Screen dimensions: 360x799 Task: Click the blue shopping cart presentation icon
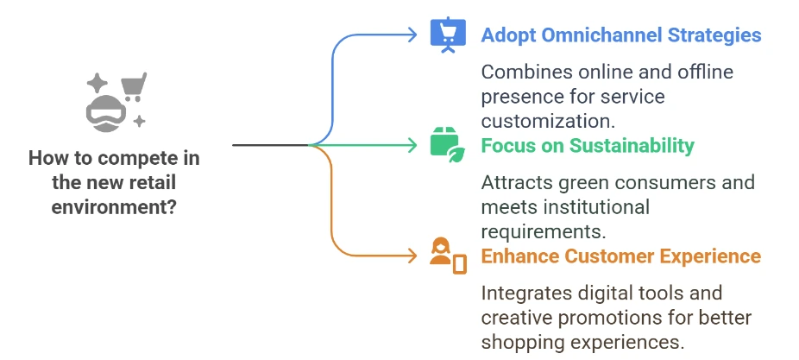(x=448, y=35)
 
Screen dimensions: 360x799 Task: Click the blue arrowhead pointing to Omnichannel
(x=413, y=35)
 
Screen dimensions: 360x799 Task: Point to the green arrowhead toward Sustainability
(x=413, y=144)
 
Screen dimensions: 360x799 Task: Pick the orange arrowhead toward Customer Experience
(x=413, y=255)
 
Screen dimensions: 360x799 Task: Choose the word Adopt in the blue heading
(x=506, y=35)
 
